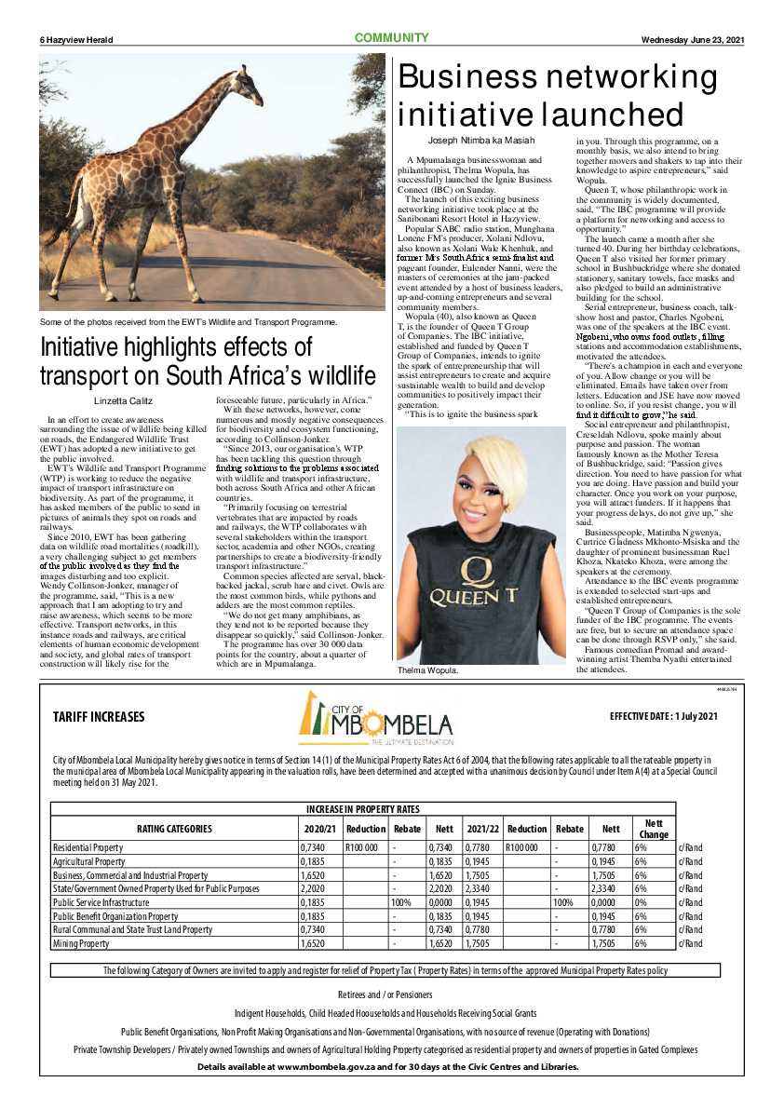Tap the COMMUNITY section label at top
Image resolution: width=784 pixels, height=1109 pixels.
[x=391, y=38]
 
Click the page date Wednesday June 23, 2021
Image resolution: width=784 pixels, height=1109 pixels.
[x=693, y=39]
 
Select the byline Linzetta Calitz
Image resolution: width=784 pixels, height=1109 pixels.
[x=121, y=401]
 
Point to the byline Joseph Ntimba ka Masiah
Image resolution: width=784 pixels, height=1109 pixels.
[x=480, y=140]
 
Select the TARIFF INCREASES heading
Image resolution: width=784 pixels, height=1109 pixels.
[x=99, y=743]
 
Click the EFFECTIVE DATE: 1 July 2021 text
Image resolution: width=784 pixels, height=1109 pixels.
[x=664, y=742]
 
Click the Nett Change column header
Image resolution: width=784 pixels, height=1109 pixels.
[x=654, y=828]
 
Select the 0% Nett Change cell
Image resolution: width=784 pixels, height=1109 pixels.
[x=642, y=903]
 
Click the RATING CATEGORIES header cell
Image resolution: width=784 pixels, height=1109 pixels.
[x=174, y=829]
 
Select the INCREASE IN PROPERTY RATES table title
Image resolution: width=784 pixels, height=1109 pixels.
[x=363, y=808]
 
